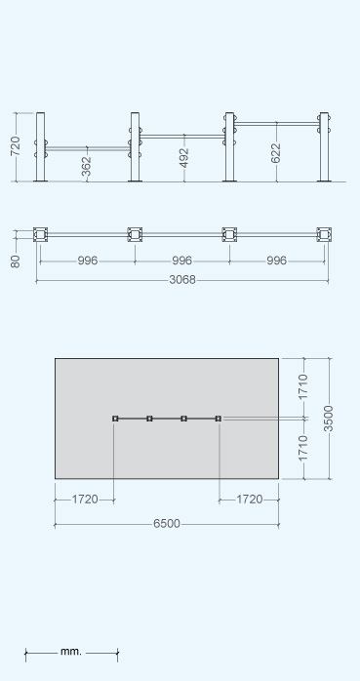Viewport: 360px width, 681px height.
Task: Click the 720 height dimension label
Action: (x=16, y=146)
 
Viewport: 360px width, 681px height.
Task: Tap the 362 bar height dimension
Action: (x=87, y=166)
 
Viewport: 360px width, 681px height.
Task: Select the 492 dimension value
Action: (x=184, y=158)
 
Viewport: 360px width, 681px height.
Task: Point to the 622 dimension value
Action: (x=276, y=153)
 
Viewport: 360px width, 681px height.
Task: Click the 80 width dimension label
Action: (x=16, y=261)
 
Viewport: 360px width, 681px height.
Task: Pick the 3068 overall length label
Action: (x=182, y=280)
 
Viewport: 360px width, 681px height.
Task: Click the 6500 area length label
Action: (x=166, y=524)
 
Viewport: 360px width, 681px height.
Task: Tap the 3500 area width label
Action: (x=329, y=419)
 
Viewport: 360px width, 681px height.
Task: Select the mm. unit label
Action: (x=71, y=652)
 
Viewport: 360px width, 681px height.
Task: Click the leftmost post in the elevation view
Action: (x=40, y=146)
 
